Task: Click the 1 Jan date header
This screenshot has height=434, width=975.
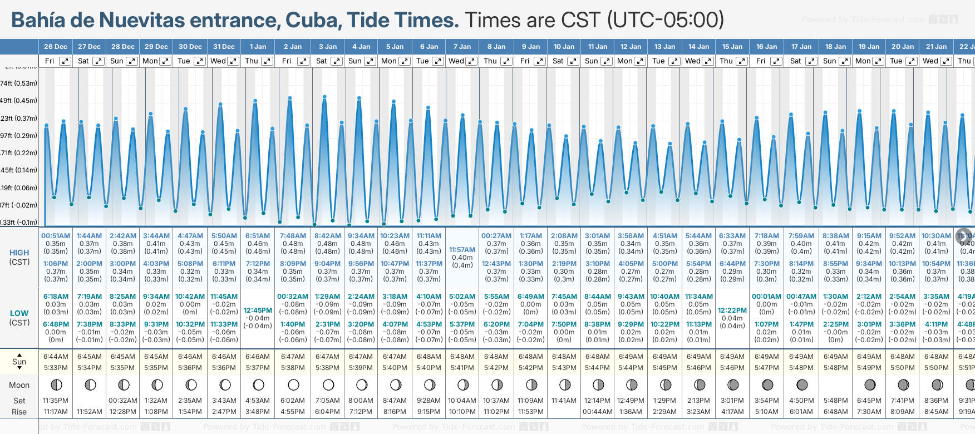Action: pyautogui.click(x=258, y=47)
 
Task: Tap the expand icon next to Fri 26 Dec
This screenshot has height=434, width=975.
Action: pyautogui.click(x=65, y=61)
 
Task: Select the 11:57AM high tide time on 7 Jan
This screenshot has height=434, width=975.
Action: pyautogui.click(x=462, y=250)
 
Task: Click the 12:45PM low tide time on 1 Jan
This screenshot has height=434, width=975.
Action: pyautogui.click(x=258, y=310)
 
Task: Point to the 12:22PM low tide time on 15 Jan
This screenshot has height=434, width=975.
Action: pyautogui.click(x=732, y=310)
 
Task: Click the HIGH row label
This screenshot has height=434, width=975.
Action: pyautogui.click(x=19, y=253)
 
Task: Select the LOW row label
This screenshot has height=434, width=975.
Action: pyautogui.click(x=19, y=313)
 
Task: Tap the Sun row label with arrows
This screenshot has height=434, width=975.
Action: pyautogui.click(x=19, y=362)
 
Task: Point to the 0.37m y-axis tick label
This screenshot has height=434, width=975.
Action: pyautogui.click(x=19, y=118)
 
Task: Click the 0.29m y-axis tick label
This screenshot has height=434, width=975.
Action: pyautogui.click(x=19, y=135)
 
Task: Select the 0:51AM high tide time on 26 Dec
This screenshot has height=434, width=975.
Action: pyautogui.click(x=56, y=236)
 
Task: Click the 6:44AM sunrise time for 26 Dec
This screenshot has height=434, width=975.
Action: pyautogui.click(x=56, y=357)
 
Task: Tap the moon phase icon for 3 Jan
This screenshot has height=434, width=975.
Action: pyautogui.click(x=328, y=384)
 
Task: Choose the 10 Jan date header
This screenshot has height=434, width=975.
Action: pyautogui.click(x=564, y=47)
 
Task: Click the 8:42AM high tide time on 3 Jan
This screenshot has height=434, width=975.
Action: pyautogui.click(x=328, y=236)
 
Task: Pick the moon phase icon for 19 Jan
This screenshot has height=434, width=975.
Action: pyautogui.click(x=870, y=384)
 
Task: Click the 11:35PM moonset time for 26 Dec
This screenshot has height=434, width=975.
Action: pyautogui.click(x=56, y=401)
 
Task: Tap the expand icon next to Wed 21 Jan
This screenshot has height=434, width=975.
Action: pyautogui.click(x=946, y=61)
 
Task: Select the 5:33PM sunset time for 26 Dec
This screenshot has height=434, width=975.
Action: pyautogui.click(x=56, y=368)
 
